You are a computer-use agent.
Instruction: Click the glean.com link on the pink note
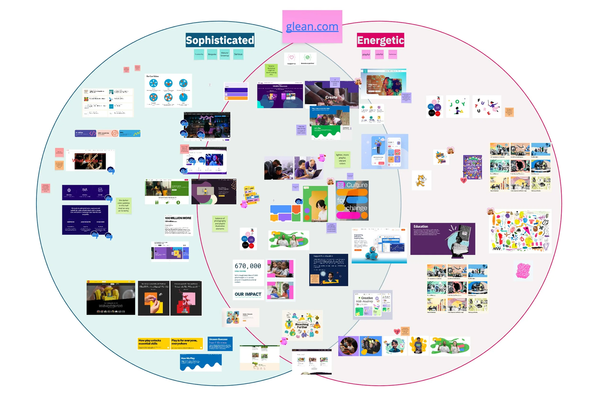click(312, 27)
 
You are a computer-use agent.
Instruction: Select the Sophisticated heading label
click(220, 40)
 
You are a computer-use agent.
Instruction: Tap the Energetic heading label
click(380, 40)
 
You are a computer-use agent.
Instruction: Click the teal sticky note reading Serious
click(238, 54)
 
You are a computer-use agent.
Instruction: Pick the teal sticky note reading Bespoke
click(212, 54)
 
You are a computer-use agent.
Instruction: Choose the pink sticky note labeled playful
click(366, 55)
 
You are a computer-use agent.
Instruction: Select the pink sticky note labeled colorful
click(379, 54)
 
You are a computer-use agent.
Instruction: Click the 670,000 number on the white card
click(248, 266)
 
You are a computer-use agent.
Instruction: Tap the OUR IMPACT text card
click(248, 294)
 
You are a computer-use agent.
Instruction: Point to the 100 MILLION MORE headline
click(178, 218)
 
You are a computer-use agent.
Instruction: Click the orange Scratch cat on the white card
click(421, 180)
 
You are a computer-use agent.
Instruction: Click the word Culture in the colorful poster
click(357, 185)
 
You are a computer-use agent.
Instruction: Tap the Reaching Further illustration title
click(302, 326)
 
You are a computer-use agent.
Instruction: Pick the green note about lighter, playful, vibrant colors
click(342, 159)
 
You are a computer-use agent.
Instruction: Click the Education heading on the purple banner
click(421, 227)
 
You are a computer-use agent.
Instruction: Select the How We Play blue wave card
click(201, 362)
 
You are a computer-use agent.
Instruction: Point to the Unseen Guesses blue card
click(220, 344)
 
